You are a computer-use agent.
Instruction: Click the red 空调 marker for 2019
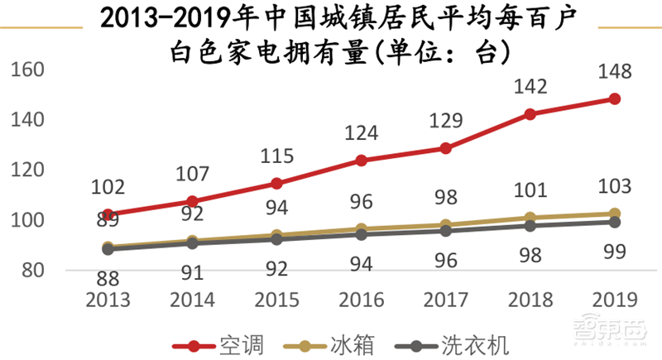(x=615, y=98)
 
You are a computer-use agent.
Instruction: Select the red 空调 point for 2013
(x=108, y=214)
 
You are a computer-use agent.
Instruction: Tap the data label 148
(x=614, y=72)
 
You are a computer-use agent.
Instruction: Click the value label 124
(x=362, y=132)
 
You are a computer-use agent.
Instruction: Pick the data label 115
(x=277, y=155)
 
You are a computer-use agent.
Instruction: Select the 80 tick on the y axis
(x=32, y=271)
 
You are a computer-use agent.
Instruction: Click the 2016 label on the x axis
(x=361, y=299)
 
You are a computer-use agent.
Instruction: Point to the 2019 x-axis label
(x=613, y=299)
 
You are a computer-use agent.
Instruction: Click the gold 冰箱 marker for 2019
(x=615, y=214)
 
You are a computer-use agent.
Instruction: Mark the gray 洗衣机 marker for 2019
(x=615, y=222)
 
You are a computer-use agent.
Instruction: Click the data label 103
(x=614, y=185)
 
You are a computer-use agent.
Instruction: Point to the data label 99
(x=614, y=252)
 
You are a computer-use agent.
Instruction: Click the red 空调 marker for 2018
(x=530, y=114)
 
